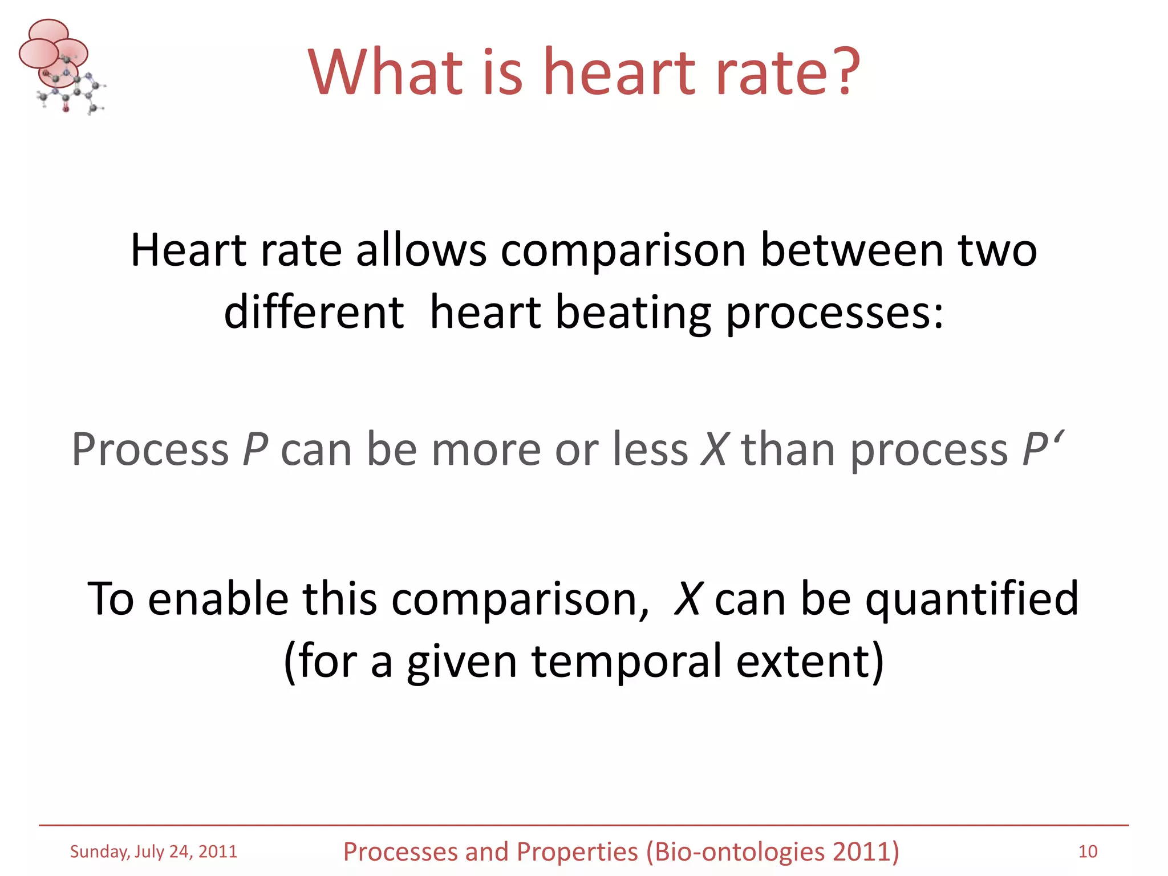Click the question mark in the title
pyautogui.click(x=842, y=71)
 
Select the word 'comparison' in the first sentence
pyautogui.click(x=623, y=252)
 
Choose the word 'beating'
pyautogui.click(x=633, y=314)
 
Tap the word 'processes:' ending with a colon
pyautogui.click(x=835, y=314)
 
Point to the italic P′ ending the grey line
pyautogui.click(x=1043, y=449)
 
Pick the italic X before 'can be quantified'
pyautogui.click(x=687, y=598)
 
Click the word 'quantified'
pyautogui.click(x=971, y=599)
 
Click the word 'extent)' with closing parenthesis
pyautogui.click(x=810, y=662)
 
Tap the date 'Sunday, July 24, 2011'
pyautogui.click(x=153, y=851)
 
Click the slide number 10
pyautogui.click(x=1088, y=851)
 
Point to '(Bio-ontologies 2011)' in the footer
pyautogui.click(x=772, y=852)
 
